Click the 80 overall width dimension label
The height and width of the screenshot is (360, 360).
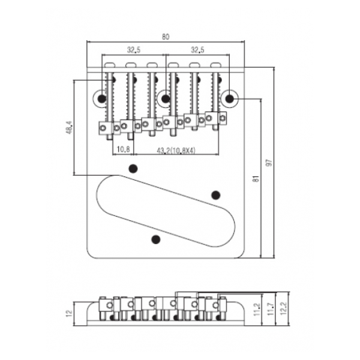pos(165,36)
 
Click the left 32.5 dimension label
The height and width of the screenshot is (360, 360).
pos(133,50)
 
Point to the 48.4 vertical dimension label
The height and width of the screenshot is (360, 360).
pos(70,127)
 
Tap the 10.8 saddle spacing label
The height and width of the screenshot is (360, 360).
pos(124,149)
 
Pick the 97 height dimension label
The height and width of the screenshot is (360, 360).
pos(278,164)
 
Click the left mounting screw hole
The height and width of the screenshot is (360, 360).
pos(102,98)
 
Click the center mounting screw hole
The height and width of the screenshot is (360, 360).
pos(166,98)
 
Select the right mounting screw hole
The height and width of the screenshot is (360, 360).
pos(230,98)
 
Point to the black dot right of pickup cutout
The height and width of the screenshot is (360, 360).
pos(215,194)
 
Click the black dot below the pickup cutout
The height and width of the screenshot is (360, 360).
pos(156,239)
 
